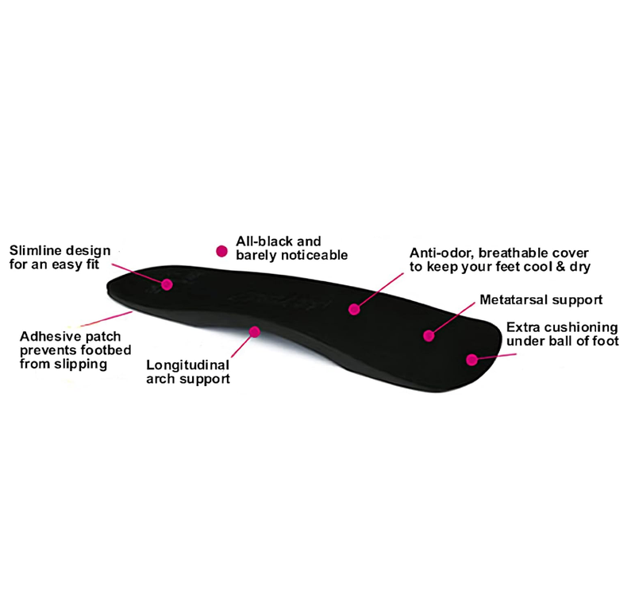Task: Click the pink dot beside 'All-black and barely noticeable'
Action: tap(221, 251)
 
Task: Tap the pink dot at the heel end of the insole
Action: tap(167, 284)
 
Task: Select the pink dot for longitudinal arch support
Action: tap(254, 332)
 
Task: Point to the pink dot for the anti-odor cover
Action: tap(354, 310)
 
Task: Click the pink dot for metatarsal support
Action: tap(429, 335)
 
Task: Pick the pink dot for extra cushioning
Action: tap(471, 360)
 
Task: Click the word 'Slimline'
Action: tap(36, 250)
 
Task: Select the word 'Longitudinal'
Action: tap(188, 365)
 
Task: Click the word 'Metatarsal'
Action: tap(514, 300)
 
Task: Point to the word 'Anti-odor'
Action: tap(442, 253)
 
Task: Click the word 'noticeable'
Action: tap(320, 255)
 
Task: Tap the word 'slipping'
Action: tap(81, 365)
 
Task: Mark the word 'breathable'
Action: tap(513, 253)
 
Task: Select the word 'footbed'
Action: tap(106, 349)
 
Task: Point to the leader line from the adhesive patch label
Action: tap(106, 319)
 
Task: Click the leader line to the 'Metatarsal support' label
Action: tap(452, 319)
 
